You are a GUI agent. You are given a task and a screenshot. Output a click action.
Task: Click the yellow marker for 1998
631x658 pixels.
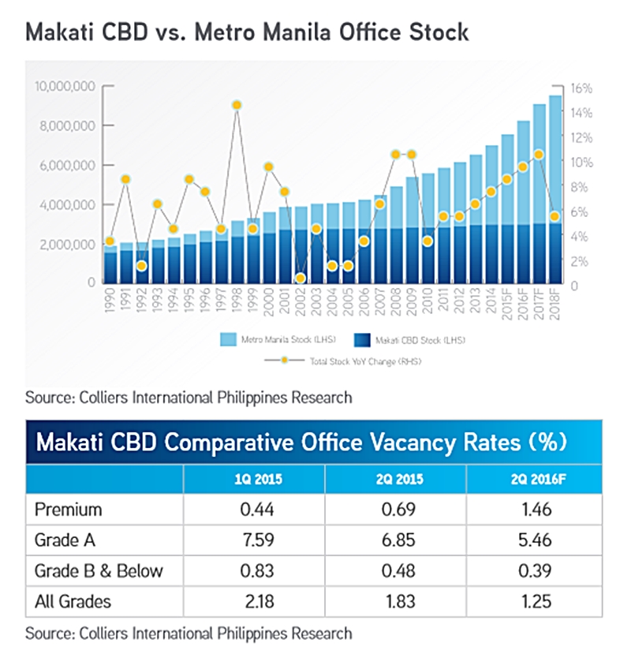(x=236, y=105)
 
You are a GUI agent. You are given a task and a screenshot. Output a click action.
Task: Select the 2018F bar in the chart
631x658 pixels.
(x=555, y=189)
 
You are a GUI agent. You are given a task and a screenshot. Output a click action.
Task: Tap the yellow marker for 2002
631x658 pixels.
(x=301, y=278)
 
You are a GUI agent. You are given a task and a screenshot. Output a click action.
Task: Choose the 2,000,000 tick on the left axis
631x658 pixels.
(x=65, y=244)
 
